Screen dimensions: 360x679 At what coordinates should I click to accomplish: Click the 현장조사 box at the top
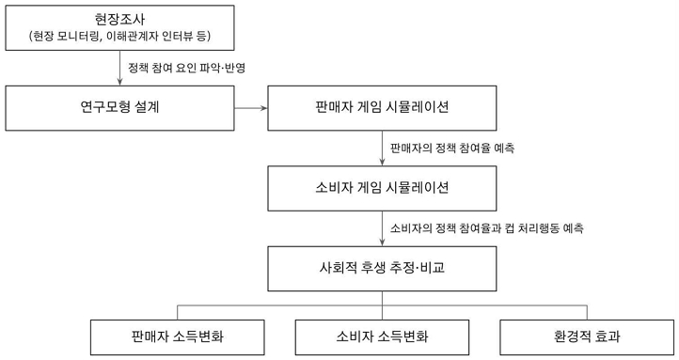121,27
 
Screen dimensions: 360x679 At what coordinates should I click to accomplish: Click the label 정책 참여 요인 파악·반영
192,68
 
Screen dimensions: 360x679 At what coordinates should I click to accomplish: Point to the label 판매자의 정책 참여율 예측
452,148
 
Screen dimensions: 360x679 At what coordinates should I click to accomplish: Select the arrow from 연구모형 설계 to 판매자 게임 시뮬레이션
249,107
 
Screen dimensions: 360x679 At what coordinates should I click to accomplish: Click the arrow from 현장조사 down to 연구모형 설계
121,68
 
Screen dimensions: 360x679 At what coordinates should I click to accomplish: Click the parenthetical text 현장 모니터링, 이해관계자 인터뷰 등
121,37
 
